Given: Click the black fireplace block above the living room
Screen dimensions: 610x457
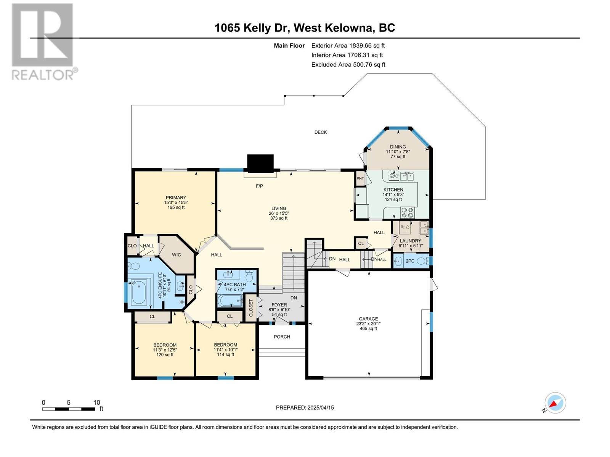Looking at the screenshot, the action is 260,163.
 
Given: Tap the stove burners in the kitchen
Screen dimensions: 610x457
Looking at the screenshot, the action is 407,212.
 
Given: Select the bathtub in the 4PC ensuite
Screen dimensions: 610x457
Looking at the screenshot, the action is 139,292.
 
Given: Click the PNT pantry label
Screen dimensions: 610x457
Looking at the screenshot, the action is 360,178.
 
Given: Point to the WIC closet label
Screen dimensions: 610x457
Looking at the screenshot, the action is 176,255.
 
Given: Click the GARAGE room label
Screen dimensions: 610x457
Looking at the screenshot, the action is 368,319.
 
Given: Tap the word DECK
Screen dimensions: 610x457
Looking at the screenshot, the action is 320,133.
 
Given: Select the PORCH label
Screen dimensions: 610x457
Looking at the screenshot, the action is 282,337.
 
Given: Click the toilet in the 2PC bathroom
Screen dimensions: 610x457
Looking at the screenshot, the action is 423,260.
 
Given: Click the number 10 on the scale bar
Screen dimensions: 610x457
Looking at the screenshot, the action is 96,402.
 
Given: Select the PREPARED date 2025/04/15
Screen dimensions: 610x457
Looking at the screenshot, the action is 320,407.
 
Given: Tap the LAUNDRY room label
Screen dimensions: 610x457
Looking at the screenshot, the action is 410,241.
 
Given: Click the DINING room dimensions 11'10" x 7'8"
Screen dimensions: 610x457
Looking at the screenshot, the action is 398,152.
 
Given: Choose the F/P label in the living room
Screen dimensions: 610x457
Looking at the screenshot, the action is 259,186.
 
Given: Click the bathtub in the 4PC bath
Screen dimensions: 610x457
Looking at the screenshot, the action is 230,300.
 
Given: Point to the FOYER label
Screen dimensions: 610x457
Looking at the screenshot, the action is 279,305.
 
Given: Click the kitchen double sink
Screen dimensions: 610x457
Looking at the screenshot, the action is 407,176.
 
